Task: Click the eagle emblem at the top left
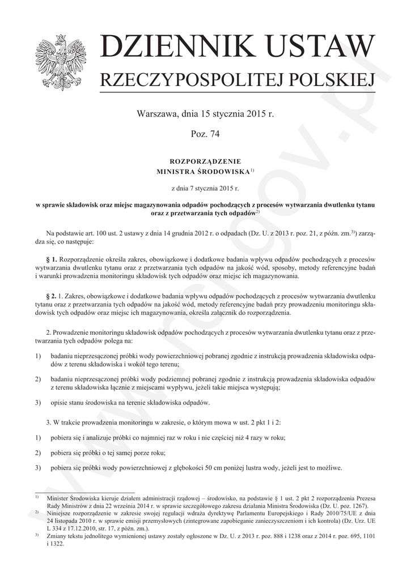click(59, 62)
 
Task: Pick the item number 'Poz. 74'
click(205, 134)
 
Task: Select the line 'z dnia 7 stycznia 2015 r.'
click(205, 186)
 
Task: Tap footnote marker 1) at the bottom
click(37, 496)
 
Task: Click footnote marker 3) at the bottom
click(37, 534)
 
